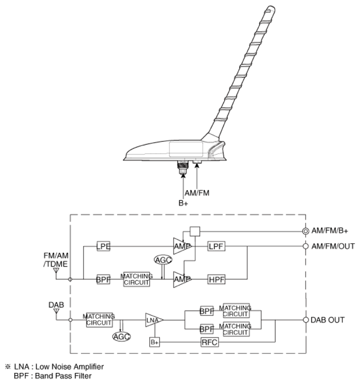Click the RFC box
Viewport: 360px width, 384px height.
coord(210,342)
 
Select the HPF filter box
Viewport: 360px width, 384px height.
coord(216,279)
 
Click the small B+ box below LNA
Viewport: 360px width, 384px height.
coord(155,342)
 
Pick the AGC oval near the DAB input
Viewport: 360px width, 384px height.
coord(121,336)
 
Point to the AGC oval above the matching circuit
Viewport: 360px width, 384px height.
coord(163,259)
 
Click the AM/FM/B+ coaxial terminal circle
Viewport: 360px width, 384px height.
coord(306,231)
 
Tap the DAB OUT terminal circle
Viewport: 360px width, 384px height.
coord(306,320)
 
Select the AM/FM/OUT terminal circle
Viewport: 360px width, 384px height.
coord(306,246)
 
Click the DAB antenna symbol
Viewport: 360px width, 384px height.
coord(57,311)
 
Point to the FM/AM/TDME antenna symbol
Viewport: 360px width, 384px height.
coord(56,270)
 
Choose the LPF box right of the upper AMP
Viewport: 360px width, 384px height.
coord(216,246)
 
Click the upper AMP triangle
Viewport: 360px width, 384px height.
coord(181,246)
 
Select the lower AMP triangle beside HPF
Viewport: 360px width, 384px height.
coord(181,279)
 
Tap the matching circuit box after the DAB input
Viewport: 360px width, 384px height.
coord(99,320)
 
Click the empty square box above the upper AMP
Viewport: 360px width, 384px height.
coord(195,231)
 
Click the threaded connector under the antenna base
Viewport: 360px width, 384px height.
coord(182,167)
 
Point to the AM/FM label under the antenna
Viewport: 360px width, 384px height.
coord(197,193)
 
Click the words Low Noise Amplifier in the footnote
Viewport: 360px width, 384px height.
coord(70,367)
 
